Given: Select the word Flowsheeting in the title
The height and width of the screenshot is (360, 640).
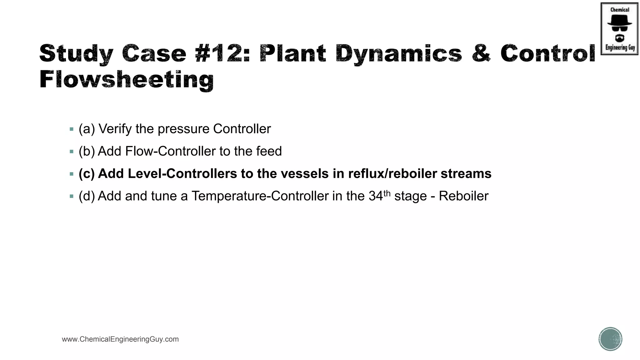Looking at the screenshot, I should [x=127, y=80].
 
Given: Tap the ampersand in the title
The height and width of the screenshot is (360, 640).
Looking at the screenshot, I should [x=481, y=53].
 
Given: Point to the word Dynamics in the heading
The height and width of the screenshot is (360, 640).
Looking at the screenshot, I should [x=399, y=53].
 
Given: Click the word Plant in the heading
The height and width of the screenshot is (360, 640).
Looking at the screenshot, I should [x=293, y=53].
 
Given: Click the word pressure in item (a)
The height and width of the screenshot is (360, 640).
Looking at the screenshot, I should [x=183, y=129].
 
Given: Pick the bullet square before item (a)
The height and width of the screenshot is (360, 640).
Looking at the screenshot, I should [x=72, y=129].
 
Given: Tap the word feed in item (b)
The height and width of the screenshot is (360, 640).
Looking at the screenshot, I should [x=269, y=151].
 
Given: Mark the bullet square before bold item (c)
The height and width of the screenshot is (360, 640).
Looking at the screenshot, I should [x=72, y=174].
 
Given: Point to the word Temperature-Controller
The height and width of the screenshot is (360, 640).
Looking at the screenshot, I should [x=260, y=196].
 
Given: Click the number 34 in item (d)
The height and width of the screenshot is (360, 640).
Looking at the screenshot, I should [x=376, y=196].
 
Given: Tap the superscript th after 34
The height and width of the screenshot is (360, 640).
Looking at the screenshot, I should [x=387, y=193].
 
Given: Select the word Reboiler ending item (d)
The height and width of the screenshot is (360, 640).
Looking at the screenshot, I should [x=463, y=196].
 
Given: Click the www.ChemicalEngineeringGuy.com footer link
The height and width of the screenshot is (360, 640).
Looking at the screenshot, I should [x=120, y=339].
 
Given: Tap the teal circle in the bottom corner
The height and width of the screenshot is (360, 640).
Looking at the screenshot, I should [x=610, y=339].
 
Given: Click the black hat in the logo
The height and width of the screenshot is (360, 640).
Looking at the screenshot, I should [x=619, y=21].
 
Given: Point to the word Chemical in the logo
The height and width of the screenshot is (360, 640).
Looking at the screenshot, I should [x=620, y=10].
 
